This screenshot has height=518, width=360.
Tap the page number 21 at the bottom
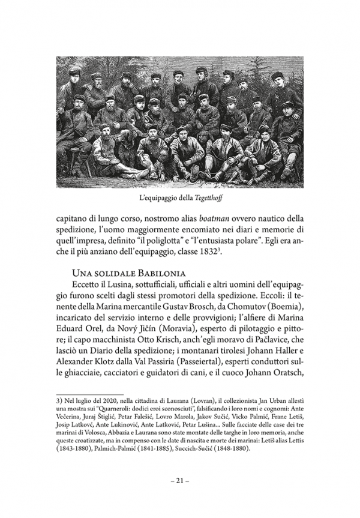(x=179, y=480)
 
